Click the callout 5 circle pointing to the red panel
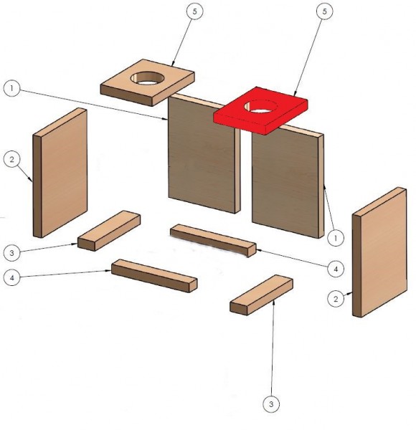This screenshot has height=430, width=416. [x=325, y=11]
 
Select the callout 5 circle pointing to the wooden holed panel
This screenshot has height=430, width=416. [x=194, y=11]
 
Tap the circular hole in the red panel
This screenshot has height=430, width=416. [x=260, y=106]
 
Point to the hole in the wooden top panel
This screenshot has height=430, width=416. [x=147, y=77]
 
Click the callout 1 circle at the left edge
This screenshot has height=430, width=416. [x=11, y=88]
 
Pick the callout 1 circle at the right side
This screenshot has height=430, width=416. [x=336, y=238]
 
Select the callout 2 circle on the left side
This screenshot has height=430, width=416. [x=11, y=159]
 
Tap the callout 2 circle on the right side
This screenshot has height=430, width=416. [x=336, y=299]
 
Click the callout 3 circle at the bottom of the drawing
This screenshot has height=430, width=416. [x=271, y=404]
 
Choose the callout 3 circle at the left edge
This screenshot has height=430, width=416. [x=11, y=252]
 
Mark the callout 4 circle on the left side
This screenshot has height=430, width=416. [x=11, y=278]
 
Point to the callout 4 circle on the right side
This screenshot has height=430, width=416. [x=336, y=269]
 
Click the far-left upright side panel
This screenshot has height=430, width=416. [x=60, y=173]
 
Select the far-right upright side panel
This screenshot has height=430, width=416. [x=379, y=252]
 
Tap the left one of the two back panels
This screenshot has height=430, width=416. [x=204, y=153]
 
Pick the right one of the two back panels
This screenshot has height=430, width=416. [x=288, y=181]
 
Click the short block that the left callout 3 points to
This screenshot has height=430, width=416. [x=109, y=231]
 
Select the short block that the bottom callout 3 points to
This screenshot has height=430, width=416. [x=261, y=295]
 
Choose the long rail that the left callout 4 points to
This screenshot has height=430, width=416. [x=154, y=276]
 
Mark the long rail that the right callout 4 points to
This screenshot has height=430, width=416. [x=213, y=241]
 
